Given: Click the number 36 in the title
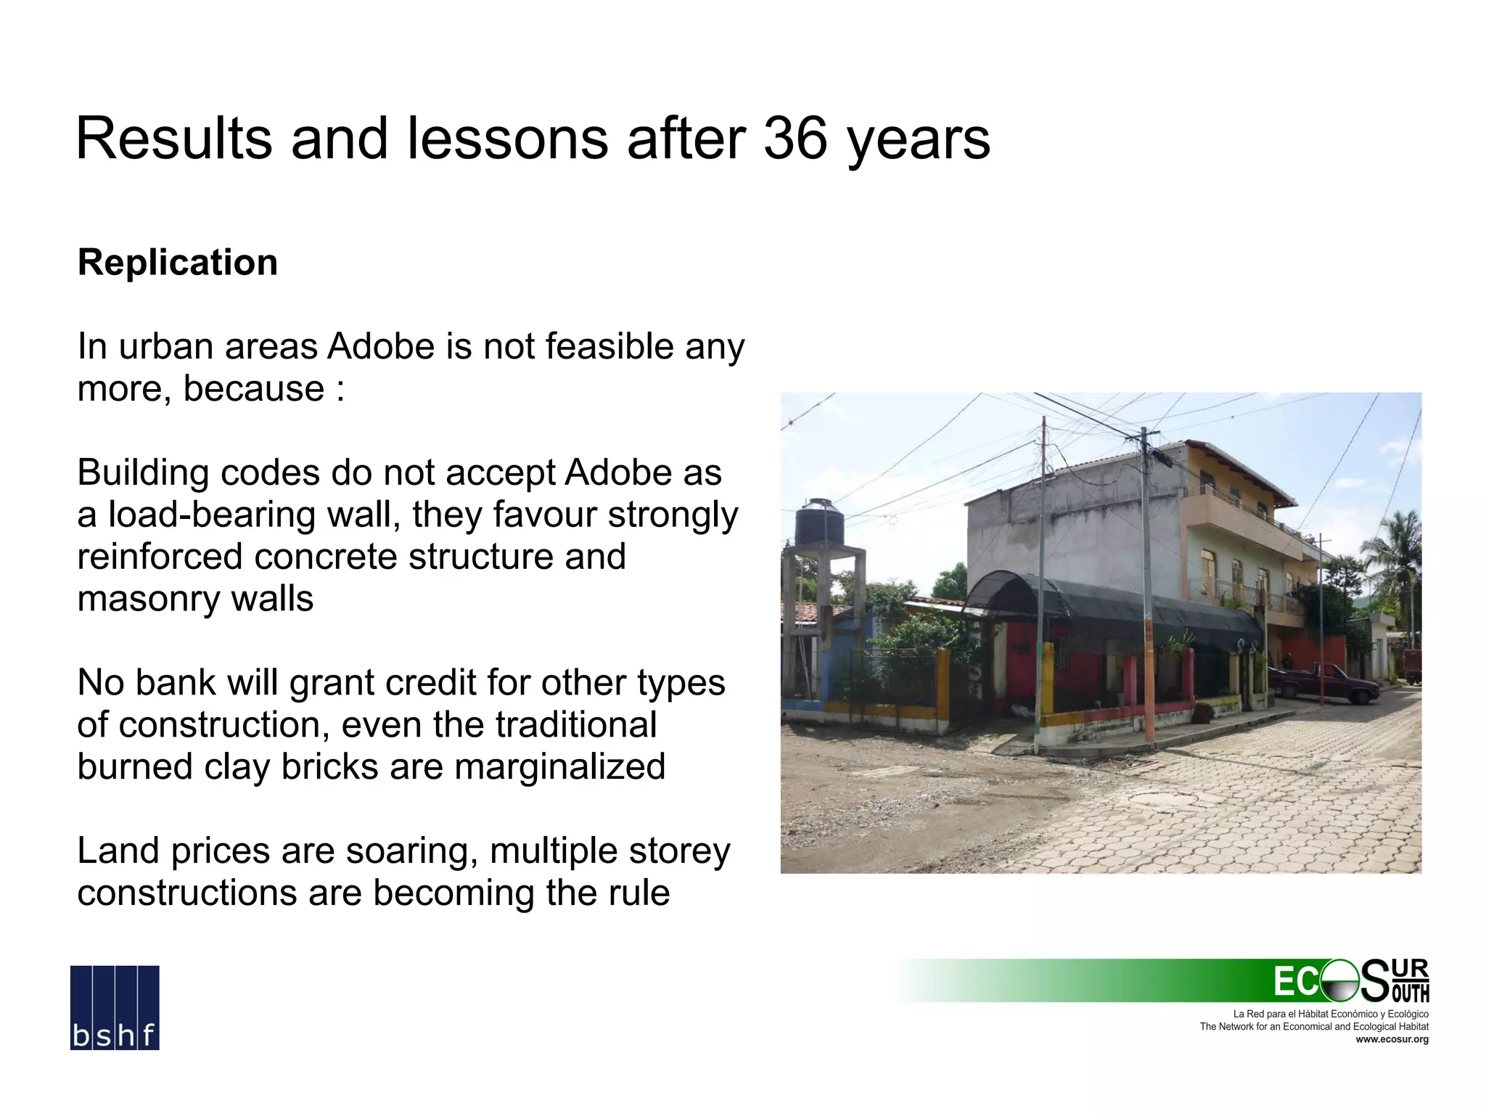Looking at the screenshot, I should pyautogui.click(x=794, y=139).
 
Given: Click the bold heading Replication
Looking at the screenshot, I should pyautogui.click(x=178, y=263).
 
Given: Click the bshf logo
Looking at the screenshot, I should pyautogui.click(x=115, y=1007).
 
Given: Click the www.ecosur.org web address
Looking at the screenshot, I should pyautogui.click(x=1392, y=1039).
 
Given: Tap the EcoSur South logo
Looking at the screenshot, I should pyautogui.click(x=1351, y=981).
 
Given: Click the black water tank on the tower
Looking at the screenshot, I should pyautogui.click(x=819, y=523).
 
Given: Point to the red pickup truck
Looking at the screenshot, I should pyautogui.click(x=1323, y=683).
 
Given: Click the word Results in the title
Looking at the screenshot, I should pyautogui.click(x=174, y=139).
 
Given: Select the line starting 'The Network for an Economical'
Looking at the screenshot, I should pyautogui.click(x=1313, y=1026).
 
